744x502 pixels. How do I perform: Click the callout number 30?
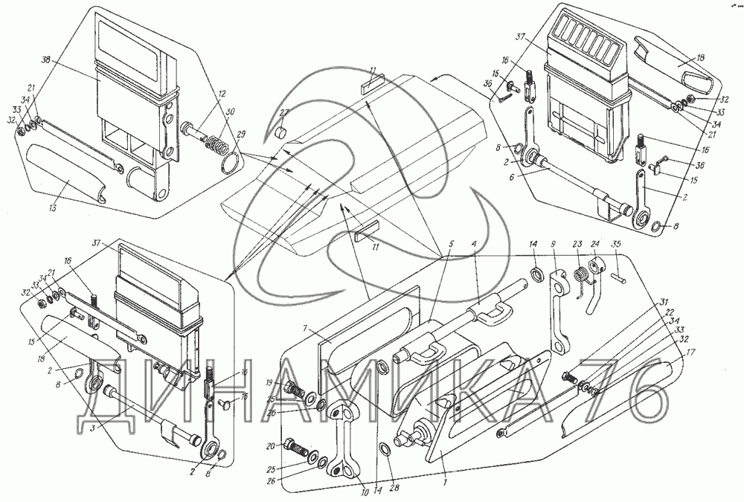click(x=229, y=112)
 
